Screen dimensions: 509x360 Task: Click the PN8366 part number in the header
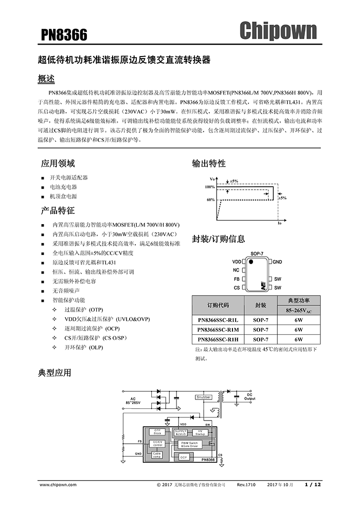(x=64, y=35)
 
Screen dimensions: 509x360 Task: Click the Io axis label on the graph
(x=280, y=225)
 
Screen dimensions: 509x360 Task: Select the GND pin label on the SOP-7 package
(x=278, y=262)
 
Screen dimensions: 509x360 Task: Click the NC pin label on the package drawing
(x=236, y=270)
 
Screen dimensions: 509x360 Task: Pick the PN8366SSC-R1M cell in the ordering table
(x=218, y=329)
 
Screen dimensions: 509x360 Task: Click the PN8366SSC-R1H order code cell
(x=218, y=339)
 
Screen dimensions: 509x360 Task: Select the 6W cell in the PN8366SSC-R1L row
(x=299, y=319)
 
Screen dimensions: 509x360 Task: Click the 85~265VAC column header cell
(x=299, y=310)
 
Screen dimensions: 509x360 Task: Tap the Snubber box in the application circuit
(x=204, y=397)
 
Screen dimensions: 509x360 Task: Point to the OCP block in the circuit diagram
(x=184, y=457)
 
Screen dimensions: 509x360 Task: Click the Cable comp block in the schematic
(x=157, y=455)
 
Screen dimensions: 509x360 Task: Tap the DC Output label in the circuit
(x=249, y=396)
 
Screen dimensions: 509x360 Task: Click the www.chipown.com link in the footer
(x=58, y=485)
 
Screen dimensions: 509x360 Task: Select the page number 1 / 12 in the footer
(x=313, y=485)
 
